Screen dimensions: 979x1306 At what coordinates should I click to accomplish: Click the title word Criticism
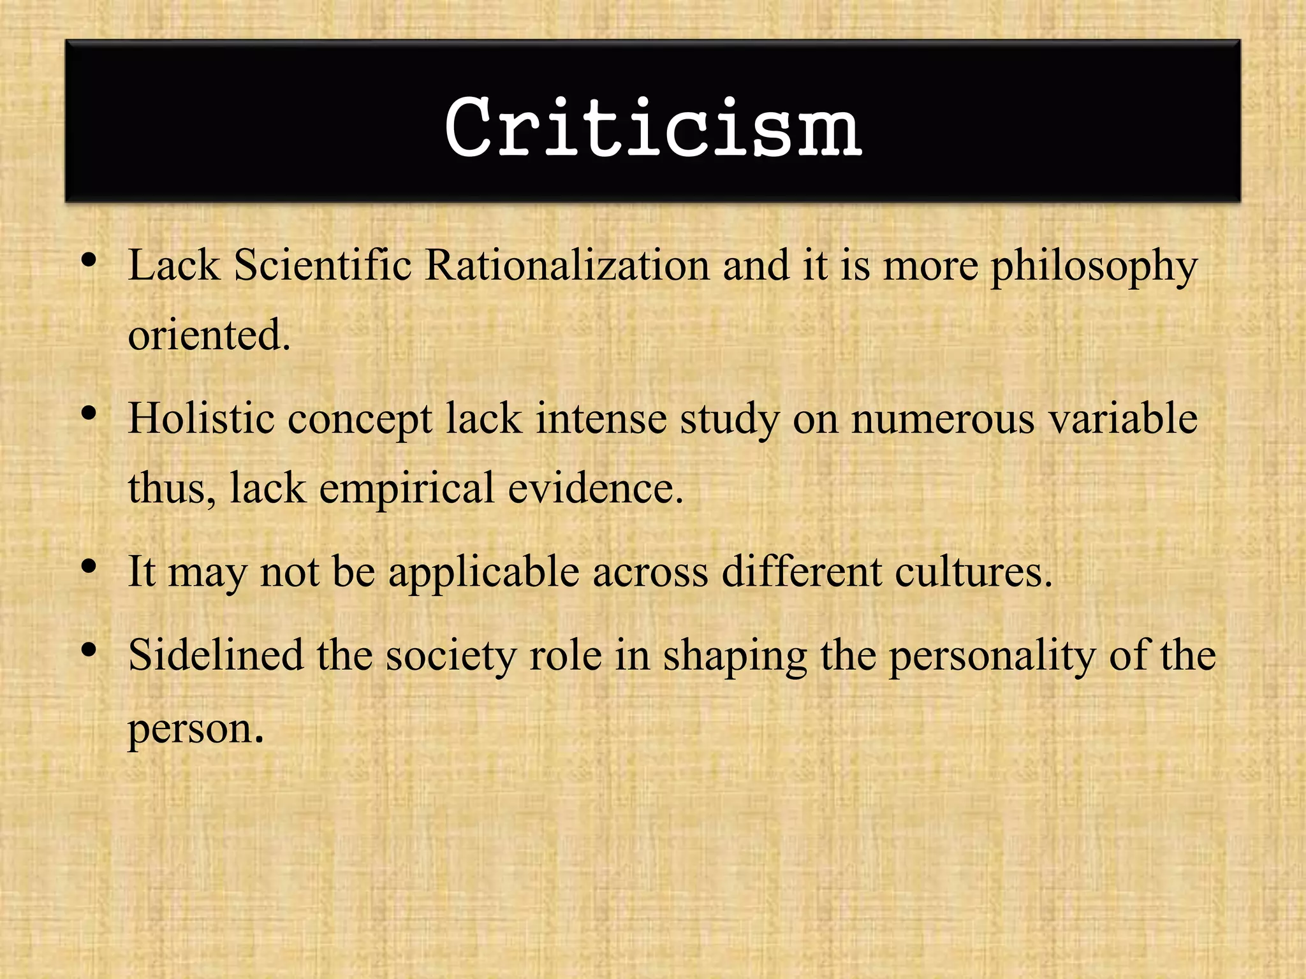653,127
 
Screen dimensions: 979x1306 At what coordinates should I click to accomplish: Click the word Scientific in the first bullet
323,265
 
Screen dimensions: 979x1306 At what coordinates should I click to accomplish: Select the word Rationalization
567,265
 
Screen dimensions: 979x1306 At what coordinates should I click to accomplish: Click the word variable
1123,419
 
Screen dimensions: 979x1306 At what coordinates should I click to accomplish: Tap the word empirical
406,489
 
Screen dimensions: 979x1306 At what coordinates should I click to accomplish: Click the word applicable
484,572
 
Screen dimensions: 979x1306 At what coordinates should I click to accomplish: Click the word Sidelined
216,655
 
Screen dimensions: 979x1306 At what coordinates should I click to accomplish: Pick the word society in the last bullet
450,656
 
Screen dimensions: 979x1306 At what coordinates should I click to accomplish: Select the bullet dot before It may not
89,566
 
